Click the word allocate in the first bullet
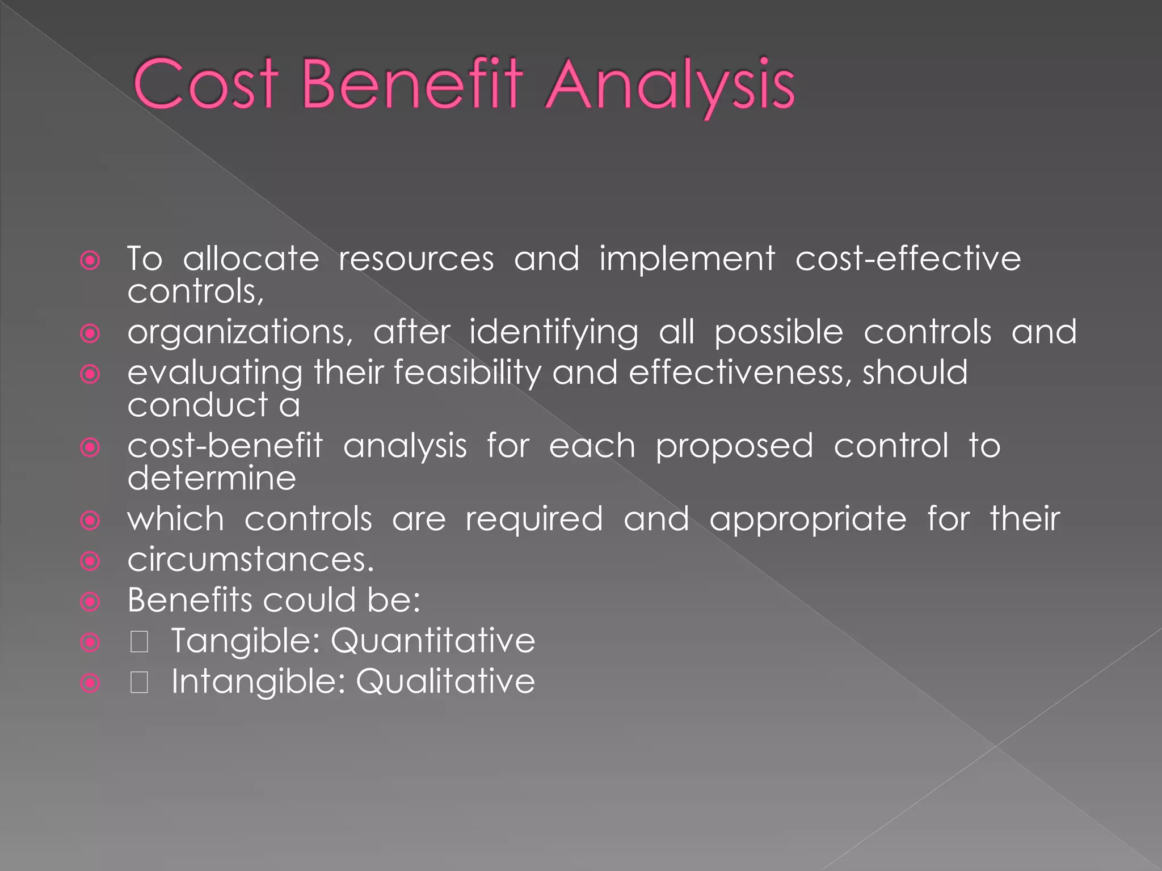[x=251, y=259]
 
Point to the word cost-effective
[x=908, y=259]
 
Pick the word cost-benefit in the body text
[x=225, y=446]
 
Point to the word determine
[x=212, y=478]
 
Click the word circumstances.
[x=251, y=560]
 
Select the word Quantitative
[x=432, y=641]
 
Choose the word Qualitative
[x=445, y=681]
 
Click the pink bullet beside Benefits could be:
[x=90, y=601]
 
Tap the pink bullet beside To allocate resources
[x=90, y=261]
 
